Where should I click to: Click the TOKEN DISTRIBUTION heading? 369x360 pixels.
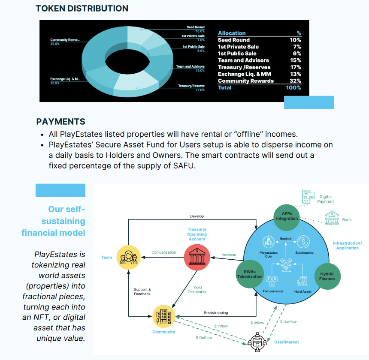click(82, 8)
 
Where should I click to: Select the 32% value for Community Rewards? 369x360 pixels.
click(296, 81)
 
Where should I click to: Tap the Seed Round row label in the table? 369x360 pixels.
click(233, 40)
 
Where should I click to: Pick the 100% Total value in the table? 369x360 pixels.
click(293, 87)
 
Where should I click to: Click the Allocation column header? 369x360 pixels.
click(232, 33)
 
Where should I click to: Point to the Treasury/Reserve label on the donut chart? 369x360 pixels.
click(191, 86)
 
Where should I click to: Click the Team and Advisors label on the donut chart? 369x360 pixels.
click(190, 66)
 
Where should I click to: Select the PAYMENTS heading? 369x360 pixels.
click(60, 122)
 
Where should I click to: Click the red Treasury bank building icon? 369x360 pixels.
click(197, 257)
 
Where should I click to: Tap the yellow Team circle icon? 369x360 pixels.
click(129, 257)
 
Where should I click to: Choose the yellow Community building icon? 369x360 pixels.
click(164, 317)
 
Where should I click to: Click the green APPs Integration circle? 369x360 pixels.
click(287, 216)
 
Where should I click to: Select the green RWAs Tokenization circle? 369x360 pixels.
click(250, 274)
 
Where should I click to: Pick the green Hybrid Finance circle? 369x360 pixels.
click(327, 276)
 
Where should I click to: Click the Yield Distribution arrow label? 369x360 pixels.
click(197, 290)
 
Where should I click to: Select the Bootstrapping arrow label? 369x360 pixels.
click(215, 313)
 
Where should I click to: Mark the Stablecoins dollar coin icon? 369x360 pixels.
click(303, 242)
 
